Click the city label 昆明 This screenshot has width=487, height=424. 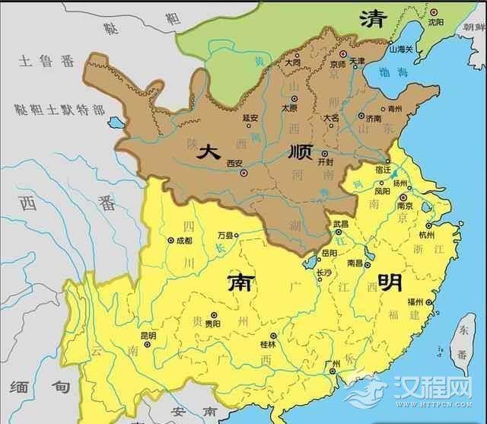coord(148,335)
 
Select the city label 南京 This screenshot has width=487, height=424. coord(384,206)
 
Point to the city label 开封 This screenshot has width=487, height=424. coord(325,162)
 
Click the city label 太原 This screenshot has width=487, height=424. coord(289,108)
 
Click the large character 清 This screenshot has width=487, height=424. coord(374,19)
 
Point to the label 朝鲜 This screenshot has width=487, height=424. coord(473,26)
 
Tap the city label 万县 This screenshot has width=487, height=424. coord(225,236)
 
